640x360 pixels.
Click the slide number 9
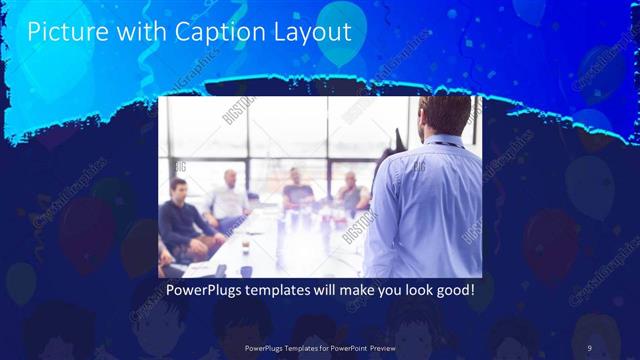(588, 347)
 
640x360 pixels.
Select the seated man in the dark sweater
(181, 218)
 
